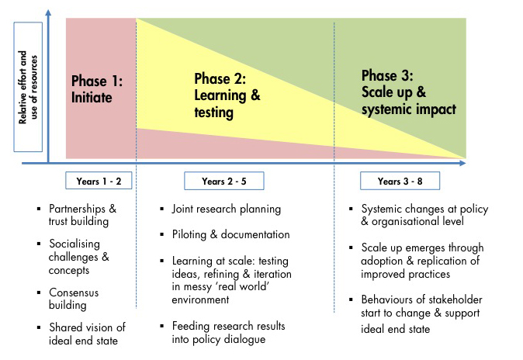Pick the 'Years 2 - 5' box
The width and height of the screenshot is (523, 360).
(224, 182)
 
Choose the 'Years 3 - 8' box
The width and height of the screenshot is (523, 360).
(400, 182)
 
